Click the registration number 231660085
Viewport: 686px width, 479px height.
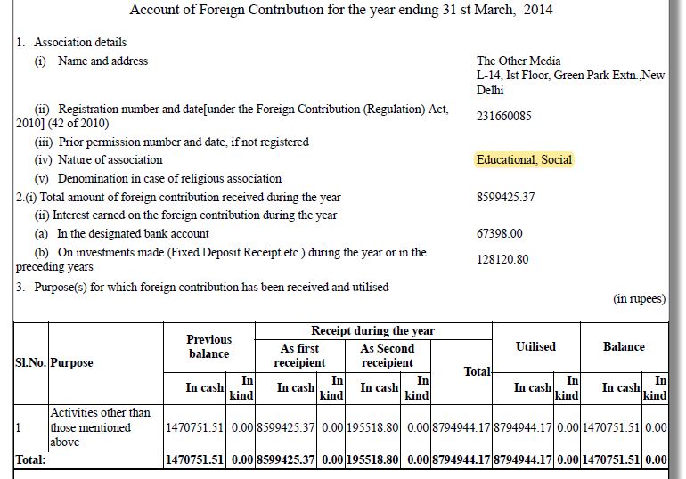click(x=503, y=116)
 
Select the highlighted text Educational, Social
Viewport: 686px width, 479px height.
click(x=524, y=160)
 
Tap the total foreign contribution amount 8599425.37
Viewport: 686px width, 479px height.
click(x=505, y=197)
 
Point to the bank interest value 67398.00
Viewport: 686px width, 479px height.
click(x=499, y=234)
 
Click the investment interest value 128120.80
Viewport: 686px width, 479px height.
click(x=502, y=260)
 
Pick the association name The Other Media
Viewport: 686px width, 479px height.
click(x=519, y=61)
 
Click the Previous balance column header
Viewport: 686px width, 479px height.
click(x=208, y=346)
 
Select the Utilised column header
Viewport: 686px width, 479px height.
click(x=535, y=346)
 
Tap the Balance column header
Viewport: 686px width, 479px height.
click(x=624, y=346)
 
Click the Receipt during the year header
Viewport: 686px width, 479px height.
click(x=372, y=331)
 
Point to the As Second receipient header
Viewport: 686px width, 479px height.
click(x=387, y=355)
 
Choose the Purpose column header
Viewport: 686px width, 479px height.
click(x=72, y=363)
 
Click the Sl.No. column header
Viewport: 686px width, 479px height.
click(x=31, y=363)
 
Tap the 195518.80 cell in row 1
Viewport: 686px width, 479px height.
click(x=372, y=428)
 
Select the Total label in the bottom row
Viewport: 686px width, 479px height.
click(x=30, y=460)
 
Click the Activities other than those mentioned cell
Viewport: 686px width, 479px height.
click(x=101, y=427)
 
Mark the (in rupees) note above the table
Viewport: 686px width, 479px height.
click(x=639, y=299)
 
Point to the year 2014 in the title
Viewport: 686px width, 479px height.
click(x=537, y=11)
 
